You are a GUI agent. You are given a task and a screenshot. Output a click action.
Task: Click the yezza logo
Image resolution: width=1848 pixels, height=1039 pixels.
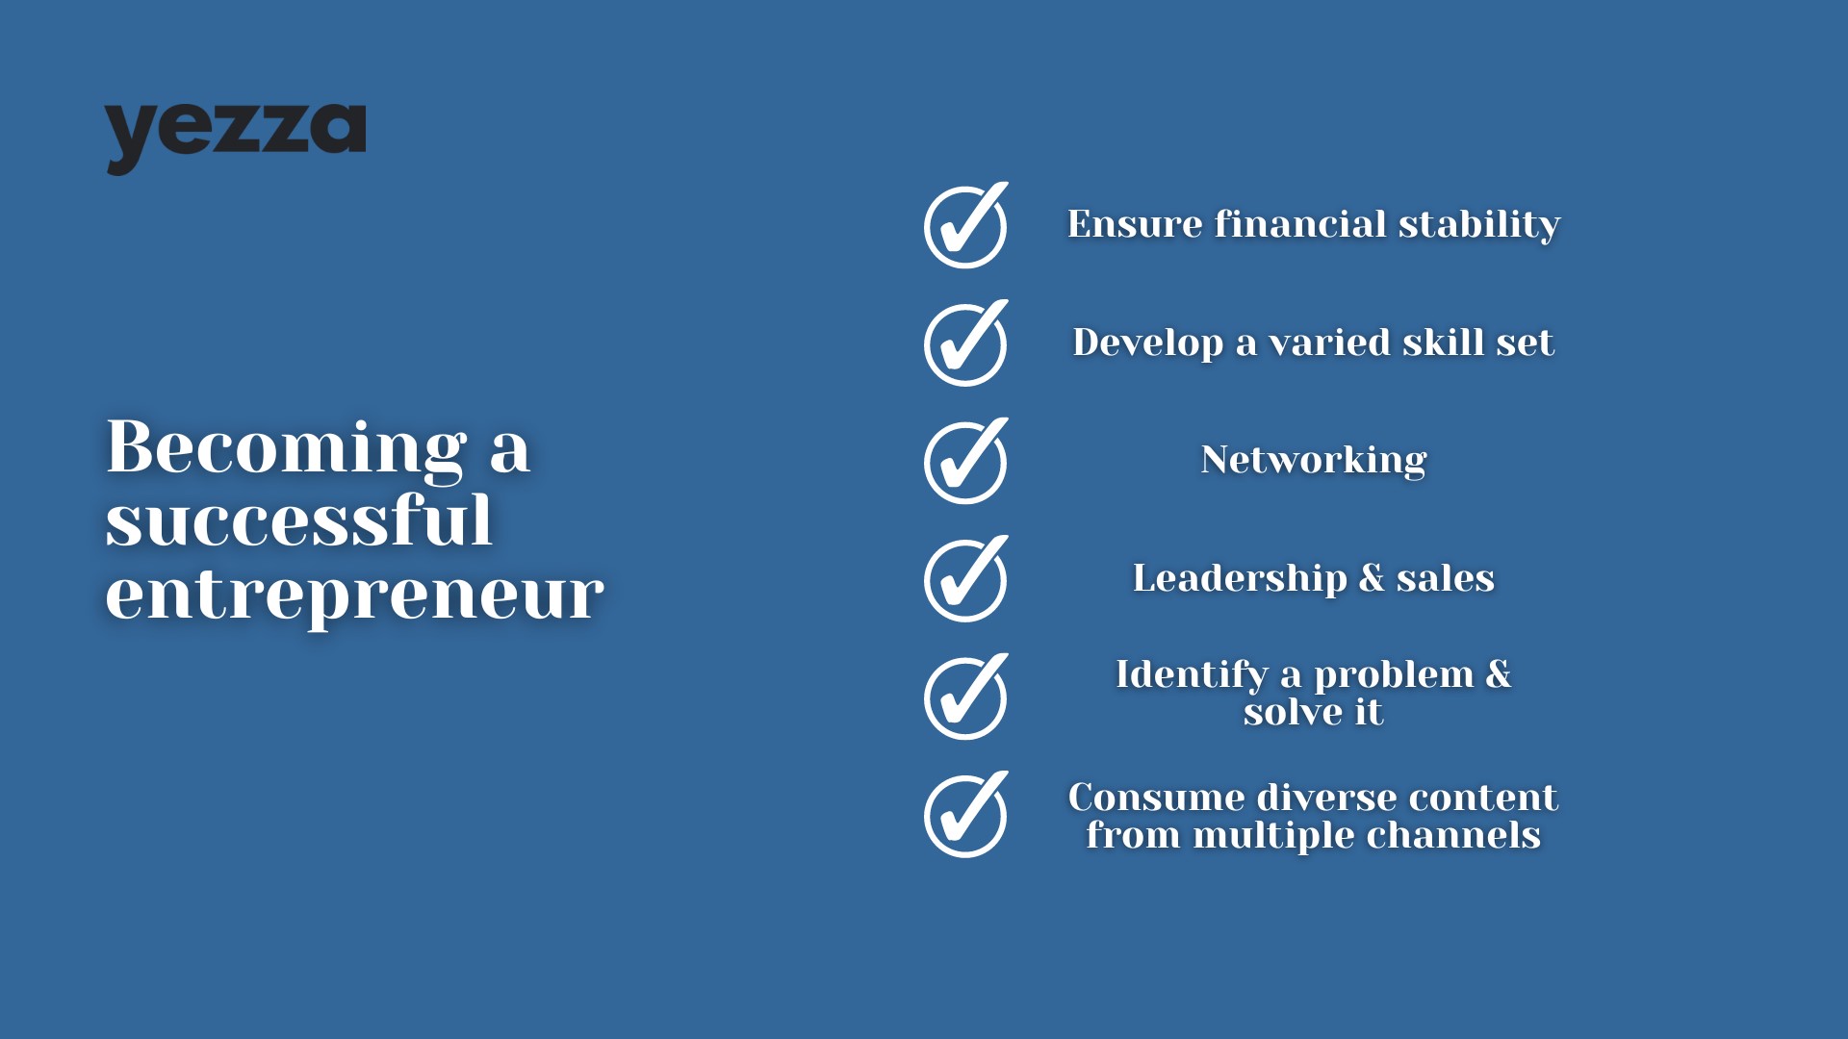pyautogui.click(x=235, y=139)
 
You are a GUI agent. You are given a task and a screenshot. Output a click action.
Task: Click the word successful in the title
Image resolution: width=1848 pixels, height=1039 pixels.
pyautogui.click(x=299, y=520)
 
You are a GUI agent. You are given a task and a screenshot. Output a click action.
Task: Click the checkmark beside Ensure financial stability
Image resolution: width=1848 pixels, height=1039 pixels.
pyautogui.click(x=966, y=225)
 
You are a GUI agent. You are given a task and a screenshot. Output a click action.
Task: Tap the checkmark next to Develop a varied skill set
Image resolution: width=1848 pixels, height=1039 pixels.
pyautogui.click(x=966, y=343)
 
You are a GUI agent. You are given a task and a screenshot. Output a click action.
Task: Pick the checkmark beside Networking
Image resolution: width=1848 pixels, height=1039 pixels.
pyautogui.click(x=966, y=461)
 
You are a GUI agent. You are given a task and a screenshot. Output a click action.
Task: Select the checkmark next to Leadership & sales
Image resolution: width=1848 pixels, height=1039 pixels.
pyautogui.click(x=966, y=579)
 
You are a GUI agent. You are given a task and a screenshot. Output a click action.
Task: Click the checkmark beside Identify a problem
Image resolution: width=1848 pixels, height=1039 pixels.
pyautogui.click(x=966, y=697)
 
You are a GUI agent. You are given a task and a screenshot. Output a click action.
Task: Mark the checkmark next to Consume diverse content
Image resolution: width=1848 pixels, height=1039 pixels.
pyautogui.click(x=966, y=815)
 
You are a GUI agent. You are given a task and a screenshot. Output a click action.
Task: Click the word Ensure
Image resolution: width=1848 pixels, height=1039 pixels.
pyautogui.click(x=1135, y=224)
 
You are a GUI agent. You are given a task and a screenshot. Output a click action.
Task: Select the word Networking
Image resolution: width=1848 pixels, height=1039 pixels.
pyautogui.click(x=1314, y=461)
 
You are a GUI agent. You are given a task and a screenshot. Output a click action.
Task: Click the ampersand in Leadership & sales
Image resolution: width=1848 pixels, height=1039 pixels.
pyautogui.click(x=1373, y=578)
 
